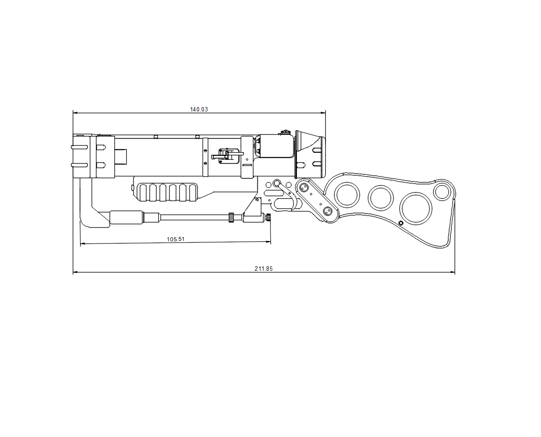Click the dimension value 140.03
pos(199,109)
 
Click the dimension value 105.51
pos(175,239)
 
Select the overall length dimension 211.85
pos(263,269)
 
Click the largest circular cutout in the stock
pos(416,208)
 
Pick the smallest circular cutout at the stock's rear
pos(442,192)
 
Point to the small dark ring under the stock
pos(401,223)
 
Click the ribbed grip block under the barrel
pos(167,193)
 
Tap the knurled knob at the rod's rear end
pos(268,217)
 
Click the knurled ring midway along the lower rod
pos(231,217)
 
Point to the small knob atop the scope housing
pos(286,132)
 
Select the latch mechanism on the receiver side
pos(226,155)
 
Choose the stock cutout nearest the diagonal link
pos(347,194)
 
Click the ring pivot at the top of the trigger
pos(277,183)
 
